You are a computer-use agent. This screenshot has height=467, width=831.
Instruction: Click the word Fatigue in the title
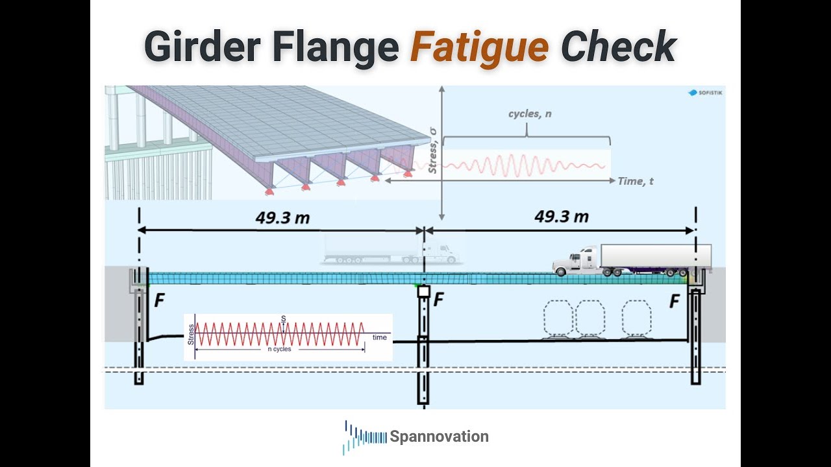click(x=479, y=47)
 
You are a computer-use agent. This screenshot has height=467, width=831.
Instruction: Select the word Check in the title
click(x=618, y=47)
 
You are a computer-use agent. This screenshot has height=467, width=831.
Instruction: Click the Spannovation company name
click(x=439, y=437)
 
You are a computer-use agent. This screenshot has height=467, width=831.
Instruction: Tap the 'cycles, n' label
click(x=527, y=114)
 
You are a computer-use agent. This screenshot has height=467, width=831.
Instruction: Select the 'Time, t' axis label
click(x=636, y=182)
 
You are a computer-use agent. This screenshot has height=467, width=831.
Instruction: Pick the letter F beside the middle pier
click(x=438, y=300)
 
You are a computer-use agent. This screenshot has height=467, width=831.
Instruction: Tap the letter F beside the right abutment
click(x=675, y=301)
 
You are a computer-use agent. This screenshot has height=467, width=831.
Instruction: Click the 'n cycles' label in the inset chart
click(x=279, y=349)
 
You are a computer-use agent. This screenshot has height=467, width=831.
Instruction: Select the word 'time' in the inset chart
click(x=380, y=337)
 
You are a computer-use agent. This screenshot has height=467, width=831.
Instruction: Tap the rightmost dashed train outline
click(x=636, y=318)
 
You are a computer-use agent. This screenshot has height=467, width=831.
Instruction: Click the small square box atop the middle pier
click(x=423, y=292)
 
